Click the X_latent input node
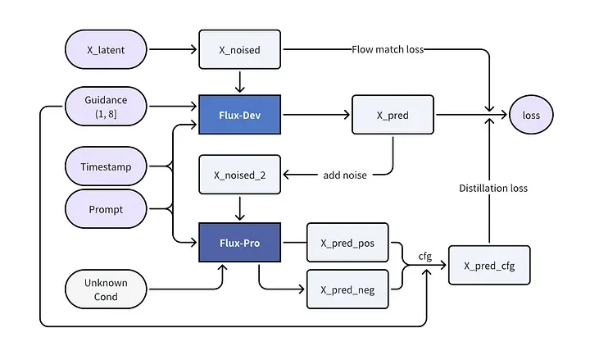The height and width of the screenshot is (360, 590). (x=106, y=50)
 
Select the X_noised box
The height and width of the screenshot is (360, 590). (x=239, y=50)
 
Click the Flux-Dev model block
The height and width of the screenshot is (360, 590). (x=239, y=115)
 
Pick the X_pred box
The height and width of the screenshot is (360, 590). (x=393, y=115)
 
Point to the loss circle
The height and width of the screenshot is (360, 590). (x=531, y=115)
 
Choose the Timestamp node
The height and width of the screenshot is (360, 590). (x=106, y=166)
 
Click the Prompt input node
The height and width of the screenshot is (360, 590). (x=106, y=209)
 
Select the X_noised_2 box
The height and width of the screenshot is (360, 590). (x=239, y=175)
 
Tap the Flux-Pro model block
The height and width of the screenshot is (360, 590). (x=239, y=243)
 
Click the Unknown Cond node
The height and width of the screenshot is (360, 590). (x=106, y=289)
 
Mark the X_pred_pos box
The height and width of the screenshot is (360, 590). (x=347, y=243)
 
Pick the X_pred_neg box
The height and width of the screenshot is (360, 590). (x=347, y=289)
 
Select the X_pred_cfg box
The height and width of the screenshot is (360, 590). (x=489, y=266)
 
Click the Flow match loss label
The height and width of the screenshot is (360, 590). (x=388, y=50)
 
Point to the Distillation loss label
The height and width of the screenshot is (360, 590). (x=493, y=189)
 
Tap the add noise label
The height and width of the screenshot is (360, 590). (x=345, y=175)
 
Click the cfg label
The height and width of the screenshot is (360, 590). (x=425, y=257)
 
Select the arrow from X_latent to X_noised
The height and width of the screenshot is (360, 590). (x=173, y=49)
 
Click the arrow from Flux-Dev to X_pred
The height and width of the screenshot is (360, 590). (x=316, y=115)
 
